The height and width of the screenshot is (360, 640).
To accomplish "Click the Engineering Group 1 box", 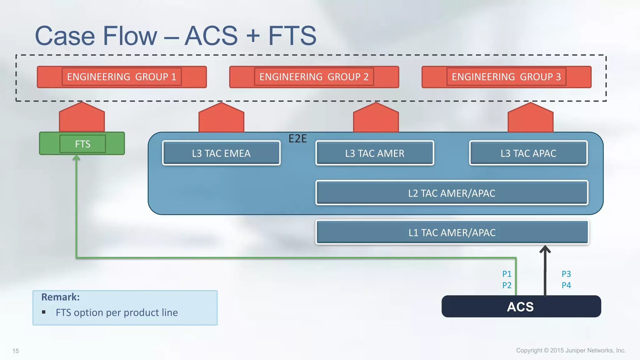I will (x=122, y=77).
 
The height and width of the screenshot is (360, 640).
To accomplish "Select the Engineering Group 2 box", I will (x=314, y=77).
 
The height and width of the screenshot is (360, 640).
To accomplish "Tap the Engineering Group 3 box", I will (x=506, y=77).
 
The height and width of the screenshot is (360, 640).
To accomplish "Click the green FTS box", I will (x=82, y=144).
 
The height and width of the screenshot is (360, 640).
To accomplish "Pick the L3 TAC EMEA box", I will (x=221, y=153).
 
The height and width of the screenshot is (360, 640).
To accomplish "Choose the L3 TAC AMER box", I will (x=375, y=153).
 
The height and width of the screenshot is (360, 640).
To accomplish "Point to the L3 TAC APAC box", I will (x=528, y=153).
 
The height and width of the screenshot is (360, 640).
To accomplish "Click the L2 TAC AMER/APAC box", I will (x=452, y=193).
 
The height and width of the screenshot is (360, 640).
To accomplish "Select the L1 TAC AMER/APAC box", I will (x=452, y=232).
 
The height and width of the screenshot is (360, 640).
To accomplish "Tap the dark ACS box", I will (x=521, y=307).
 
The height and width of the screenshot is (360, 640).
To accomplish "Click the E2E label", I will (x=297, y=138).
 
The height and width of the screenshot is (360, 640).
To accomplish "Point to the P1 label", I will (x=507, y=274).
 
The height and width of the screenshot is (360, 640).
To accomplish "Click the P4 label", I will (x=566, y=285).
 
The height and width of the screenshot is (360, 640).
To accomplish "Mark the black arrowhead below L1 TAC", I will (x=545, y=249).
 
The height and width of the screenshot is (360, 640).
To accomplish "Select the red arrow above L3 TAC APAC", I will (x=530, y=118).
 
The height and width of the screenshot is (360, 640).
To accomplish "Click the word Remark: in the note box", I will (x=60, y=297).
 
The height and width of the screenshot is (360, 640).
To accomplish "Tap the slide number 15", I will (x=16, y=351).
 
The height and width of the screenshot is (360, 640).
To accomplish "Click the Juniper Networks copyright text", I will (x=571, y=350).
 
